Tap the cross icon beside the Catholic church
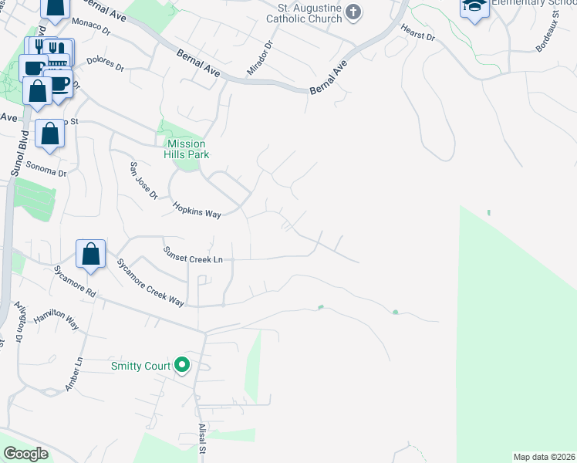[x=353, y=11]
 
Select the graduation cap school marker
[x=474, y=7]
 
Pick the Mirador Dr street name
[x=259, y=59]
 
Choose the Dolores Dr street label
[x=105, y=64]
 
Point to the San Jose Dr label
[x=143, y=181]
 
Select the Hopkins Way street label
[x=197, y=210]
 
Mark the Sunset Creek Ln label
[x=193, y=255]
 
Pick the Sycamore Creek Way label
[x=150, y=282]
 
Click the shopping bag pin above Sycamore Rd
[x=91, y=254]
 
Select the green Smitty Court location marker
[x=182, y=365]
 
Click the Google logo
[x=25, y=454]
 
